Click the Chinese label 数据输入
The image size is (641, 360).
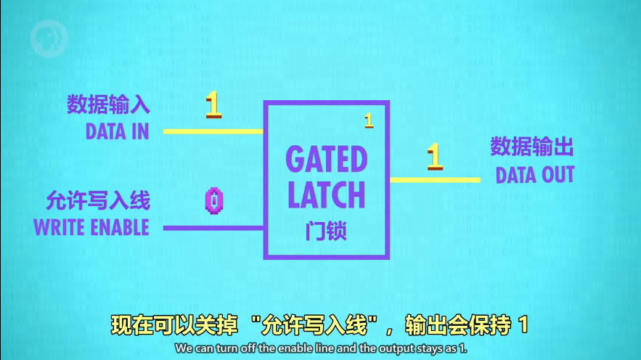[x=108, y=105]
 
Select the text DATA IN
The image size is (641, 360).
[x=117, y=131]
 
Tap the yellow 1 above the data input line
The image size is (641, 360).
[x=213, y=105]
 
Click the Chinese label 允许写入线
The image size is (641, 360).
[x=98, y=200]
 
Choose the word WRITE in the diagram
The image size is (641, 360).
[x=60, y=227]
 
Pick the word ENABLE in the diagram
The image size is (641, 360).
[x=119, y=227]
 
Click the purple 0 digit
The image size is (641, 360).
[x=213, y=200]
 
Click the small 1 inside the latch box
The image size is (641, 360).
[x=369, y=120]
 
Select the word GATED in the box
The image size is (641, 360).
[x=327, y=159]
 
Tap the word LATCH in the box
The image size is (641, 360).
[x=327, y=195]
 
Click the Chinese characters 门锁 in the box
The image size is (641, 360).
[x=326, y=231]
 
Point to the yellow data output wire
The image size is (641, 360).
[x=435, y=179]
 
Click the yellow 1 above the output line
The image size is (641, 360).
[x=434, y=157]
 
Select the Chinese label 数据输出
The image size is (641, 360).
[x=532, y=148]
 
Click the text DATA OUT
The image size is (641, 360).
[x=535, y=175]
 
